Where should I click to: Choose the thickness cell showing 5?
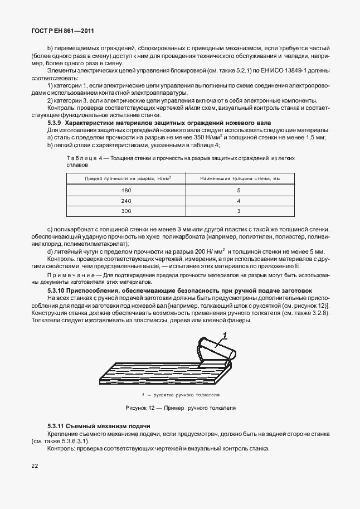coord(239,190)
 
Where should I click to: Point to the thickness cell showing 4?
coord(239,201)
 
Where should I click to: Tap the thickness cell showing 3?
coord(239,211)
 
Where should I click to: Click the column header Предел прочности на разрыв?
coord(127,178)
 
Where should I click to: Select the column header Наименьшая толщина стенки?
coord(239,178)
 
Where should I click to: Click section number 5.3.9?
coord(56,122)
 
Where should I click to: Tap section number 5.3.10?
coord(57,291)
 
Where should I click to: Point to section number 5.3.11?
coord(57,426)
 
